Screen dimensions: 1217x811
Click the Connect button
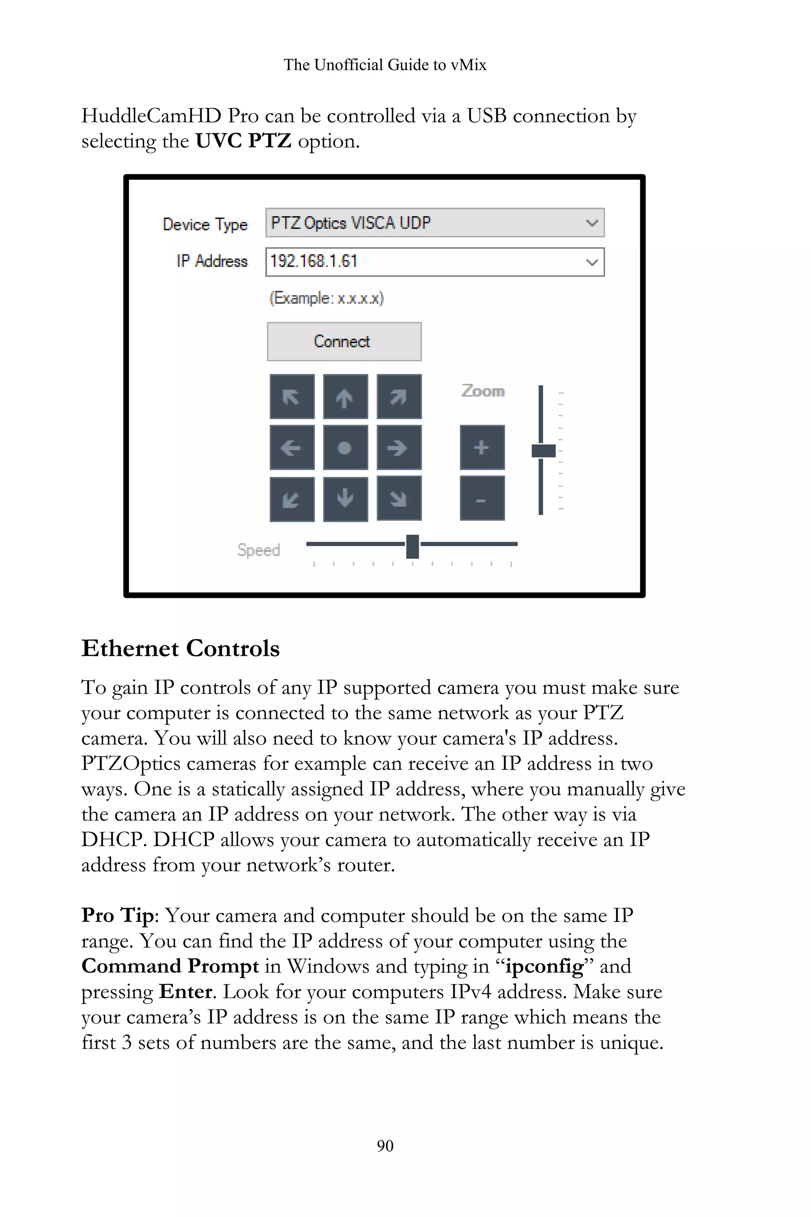coord(344,341)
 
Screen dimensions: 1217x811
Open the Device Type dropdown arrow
coord(592,223)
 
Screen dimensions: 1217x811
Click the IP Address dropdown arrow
coord(592,262)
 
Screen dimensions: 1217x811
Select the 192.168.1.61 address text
coord(314,261)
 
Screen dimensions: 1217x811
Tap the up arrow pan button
coord(345,397)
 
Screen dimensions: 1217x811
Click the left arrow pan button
coord(292,448)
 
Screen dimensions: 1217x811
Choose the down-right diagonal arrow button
coord(399,498)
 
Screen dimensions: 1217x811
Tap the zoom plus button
coord(482,448)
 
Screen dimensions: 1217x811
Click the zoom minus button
coord(482,498)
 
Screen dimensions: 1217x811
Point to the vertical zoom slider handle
coord(543,451)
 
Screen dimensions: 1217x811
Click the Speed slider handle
coord(412,546)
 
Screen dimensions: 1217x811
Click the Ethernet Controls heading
coord(181,649)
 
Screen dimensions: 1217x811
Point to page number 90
coord(385,1146)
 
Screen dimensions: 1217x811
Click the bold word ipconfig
coord(544,967)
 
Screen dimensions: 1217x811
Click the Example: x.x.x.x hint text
coord(326,299)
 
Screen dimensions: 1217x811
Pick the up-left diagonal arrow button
coord(292,397)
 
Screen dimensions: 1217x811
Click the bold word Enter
coord(185,992)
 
